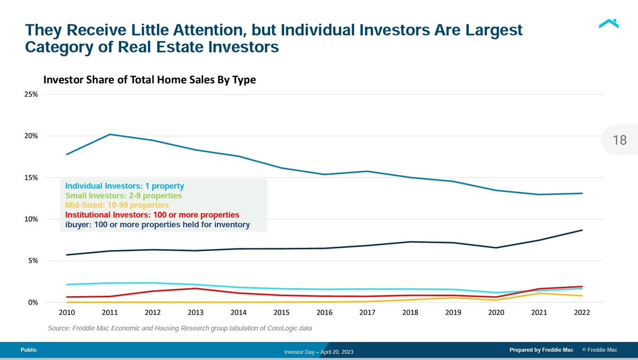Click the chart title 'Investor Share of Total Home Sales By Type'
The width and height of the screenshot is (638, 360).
149,80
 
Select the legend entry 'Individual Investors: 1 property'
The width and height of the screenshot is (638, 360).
124,186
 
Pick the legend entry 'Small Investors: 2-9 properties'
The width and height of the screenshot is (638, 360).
123,196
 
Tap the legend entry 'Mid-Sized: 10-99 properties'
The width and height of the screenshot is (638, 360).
117,205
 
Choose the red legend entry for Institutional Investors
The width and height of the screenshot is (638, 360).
152,215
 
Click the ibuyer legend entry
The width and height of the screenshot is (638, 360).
157,224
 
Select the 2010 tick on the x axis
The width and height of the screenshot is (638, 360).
66,313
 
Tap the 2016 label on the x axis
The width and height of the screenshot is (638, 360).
324,313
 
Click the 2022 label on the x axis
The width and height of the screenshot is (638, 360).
582,313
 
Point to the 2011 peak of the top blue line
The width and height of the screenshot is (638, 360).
110,135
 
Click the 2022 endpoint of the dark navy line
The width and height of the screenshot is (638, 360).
582,230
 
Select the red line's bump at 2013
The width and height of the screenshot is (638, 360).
196,289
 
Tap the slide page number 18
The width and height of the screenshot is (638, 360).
619,140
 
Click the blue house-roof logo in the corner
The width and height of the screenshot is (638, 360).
608,24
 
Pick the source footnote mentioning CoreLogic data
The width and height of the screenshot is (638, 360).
180,329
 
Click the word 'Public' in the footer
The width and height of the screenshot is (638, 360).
29,350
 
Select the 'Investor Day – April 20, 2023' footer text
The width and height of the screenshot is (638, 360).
319,353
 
